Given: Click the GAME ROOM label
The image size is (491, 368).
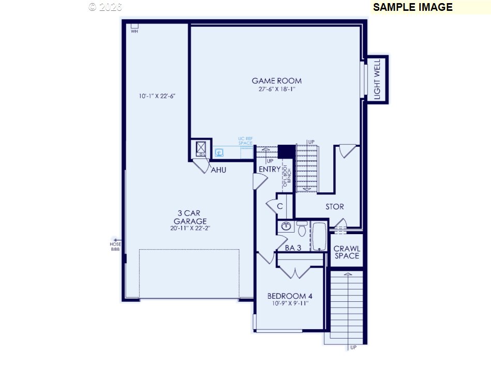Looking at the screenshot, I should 276,81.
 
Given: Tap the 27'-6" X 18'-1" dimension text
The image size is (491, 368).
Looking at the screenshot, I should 276,89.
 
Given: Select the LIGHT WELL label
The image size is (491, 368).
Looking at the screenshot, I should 377,80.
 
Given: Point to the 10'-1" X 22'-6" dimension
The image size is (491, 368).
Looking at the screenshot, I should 154,96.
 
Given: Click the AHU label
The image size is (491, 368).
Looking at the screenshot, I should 218,170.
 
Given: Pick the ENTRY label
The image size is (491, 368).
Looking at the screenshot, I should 270,169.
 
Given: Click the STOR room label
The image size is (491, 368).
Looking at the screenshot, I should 334,207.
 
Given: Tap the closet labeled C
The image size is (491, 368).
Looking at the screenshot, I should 279,206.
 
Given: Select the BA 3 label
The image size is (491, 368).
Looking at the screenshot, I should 293,248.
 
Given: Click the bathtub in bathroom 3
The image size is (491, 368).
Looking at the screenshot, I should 319,236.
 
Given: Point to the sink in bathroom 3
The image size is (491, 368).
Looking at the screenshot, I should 286,226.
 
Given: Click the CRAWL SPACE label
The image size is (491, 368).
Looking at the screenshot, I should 346,252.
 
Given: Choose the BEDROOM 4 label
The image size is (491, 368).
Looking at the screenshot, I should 290,296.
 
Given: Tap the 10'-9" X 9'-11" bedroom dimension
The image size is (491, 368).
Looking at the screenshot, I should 290,303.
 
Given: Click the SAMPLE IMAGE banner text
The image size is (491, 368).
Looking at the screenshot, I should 412,7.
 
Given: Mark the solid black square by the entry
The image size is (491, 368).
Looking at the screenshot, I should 286,151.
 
